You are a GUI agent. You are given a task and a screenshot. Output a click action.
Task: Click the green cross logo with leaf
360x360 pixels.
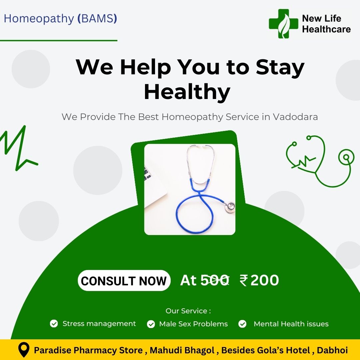click(x=284, y=24)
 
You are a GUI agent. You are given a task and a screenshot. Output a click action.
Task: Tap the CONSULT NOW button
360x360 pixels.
click(x=124, y=281)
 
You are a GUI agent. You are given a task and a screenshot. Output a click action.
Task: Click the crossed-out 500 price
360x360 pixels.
click(x=215, y=280)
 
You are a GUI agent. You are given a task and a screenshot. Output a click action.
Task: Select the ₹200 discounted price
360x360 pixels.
click(x=259, y=280)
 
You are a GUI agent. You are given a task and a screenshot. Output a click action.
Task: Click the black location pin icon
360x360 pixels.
click(x=24, y=350)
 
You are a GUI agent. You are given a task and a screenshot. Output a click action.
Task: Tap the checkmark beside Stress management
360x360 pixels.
click(x=54, y=323)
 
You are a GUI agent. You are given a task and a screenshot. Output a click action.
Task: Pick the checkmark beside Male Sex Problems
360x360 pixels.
click(x=151, y=324)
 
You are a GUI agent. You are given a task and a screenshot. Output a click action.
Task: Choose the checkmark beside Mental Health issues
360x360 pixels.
click(x=242, y=324)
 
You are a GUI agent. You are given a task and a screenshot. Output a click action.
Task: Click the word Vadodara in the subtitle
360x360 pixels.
click(x=295, y=117)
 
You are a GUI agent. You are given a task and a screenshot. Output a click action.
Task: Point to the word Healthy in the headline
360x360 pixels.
click(x=187, y=92)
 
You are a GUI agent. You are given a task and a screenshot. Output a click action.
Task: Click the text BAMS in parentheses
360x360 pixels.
click(x=98, y=19)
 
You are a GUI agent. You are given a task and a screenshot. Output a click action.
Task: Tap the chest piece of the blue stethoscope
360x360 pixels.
click(x=230, y=207)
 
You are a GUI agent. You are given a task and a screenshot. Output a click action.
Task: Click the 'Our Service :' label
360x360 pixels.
click(x=188, y=311)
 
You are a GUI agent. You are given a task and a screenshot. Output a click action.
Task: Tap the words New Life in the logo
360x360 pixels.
click(x=321, y=18)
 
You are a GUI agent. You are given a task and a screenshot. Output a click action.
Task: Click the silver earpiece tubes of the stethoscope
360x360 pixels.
click(x=201, y=164)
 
